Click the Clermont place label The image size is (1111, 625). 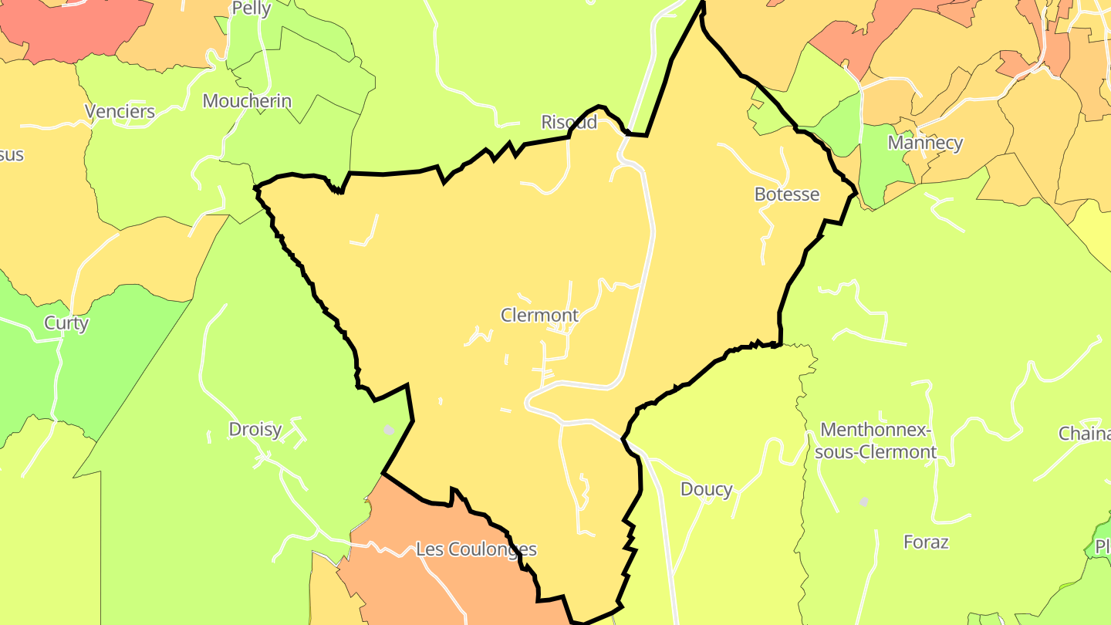pyautogui.click(x=539, y=316)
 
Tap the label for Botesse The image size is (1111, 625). pyautogui.click(x=787, y=194)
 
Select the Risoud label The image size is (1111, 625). pyautogui.click(x=569, y=122)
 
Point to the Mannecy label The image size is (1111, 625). pyautogui.click(x=925, y=143)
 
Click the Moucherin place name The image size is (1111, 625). pyautogui.click(x=247, y=101)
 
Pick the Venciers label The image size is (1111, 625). pyautogui.click(x=120, y=112)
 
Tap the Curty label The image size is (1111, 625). pyautogui.click(x=66, y=323)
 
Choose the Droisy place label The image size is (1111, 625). pyautogui.click(x=255, y=429)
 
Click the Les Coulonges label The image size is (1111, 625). pyautogui.click(x=476, y=550)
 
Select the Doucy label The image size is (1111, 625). pyautogui.click(x=706, y=489)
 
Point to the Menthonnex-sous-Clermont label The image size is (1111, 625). pyautogui.click(x=876, y=441)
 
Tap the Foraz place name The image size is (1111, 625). pyautogui.click(x=926, y=542)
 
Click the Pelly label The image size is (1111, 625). pyautogui.click(x=252, y=8)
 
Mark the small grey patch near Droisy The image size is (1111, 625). pyautogui.click(x=390, y=430)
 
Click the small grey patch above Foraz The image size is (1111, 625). pyautogui.click(x=864, y=502)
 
